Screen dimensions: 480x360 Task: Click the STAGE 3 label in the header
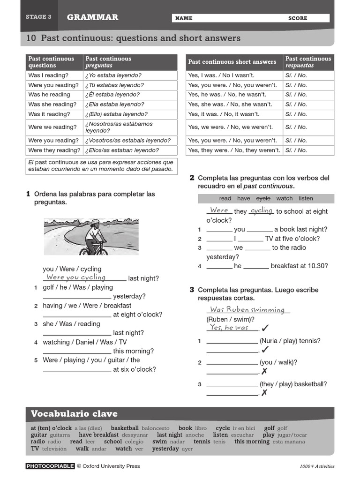pos(38,17)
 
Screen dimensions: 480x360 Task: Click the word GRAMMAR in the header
pos(92,17)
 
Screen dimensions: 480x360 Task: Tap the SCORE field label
pos(298,18)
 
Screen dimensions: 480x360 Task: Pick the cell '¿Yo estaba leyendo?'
pos(113,75)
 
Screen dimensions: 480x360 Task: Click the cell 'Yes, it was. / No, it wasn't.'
pos(224,114)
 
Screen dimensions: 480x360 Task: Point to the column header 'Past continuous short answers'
pos(232,62)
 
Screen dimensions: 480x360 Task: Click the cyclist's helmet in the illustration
pos(95,222)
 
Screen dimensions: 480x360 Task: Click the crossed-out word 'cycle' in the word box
pos(263,199)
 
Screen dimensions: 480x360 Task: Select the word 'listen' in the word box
pos(306,199)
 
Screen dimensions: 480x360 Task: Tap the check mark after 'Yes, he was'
pos(265,328)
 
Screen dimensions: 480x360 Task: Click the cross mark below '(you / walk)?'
pos(264,371)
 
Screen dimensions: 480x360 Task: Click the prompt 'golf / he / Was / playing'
pos(78,287)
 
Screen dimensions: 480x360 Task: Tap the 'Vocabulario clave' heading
pos(74,414)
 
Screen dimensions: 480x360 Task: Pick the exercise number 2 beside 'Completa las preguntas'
pos(192,178)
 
